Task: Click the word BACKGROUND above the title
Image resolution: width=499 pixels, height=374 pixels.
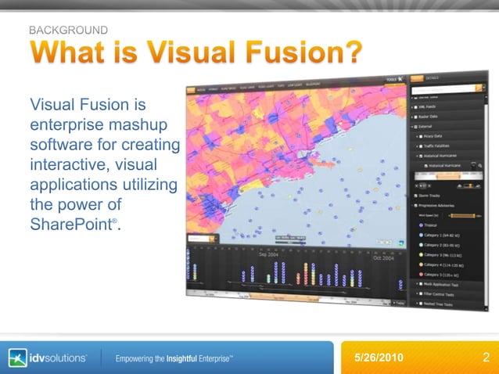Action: (68, 30)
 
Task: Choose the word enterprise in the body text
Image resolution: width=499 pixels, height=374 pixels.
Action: (67, 124)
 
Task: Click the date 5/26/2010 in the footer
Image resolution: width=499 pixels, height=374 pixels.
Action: (379, 358)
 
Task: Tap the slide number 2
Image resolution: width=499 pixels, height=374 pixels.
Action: (486, 358)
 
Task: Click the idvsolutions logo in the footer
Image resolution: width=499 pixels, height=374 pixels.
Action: (48, 358)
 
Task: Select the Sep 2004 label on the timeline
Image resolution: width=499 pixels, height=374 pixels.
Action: (270, 254)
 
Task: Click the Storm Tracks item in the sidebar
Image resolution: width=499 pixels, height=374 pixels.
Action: (433, 196)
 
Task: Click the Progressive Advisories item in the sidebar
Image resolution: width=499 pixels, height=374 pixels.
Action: (441, 205)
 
